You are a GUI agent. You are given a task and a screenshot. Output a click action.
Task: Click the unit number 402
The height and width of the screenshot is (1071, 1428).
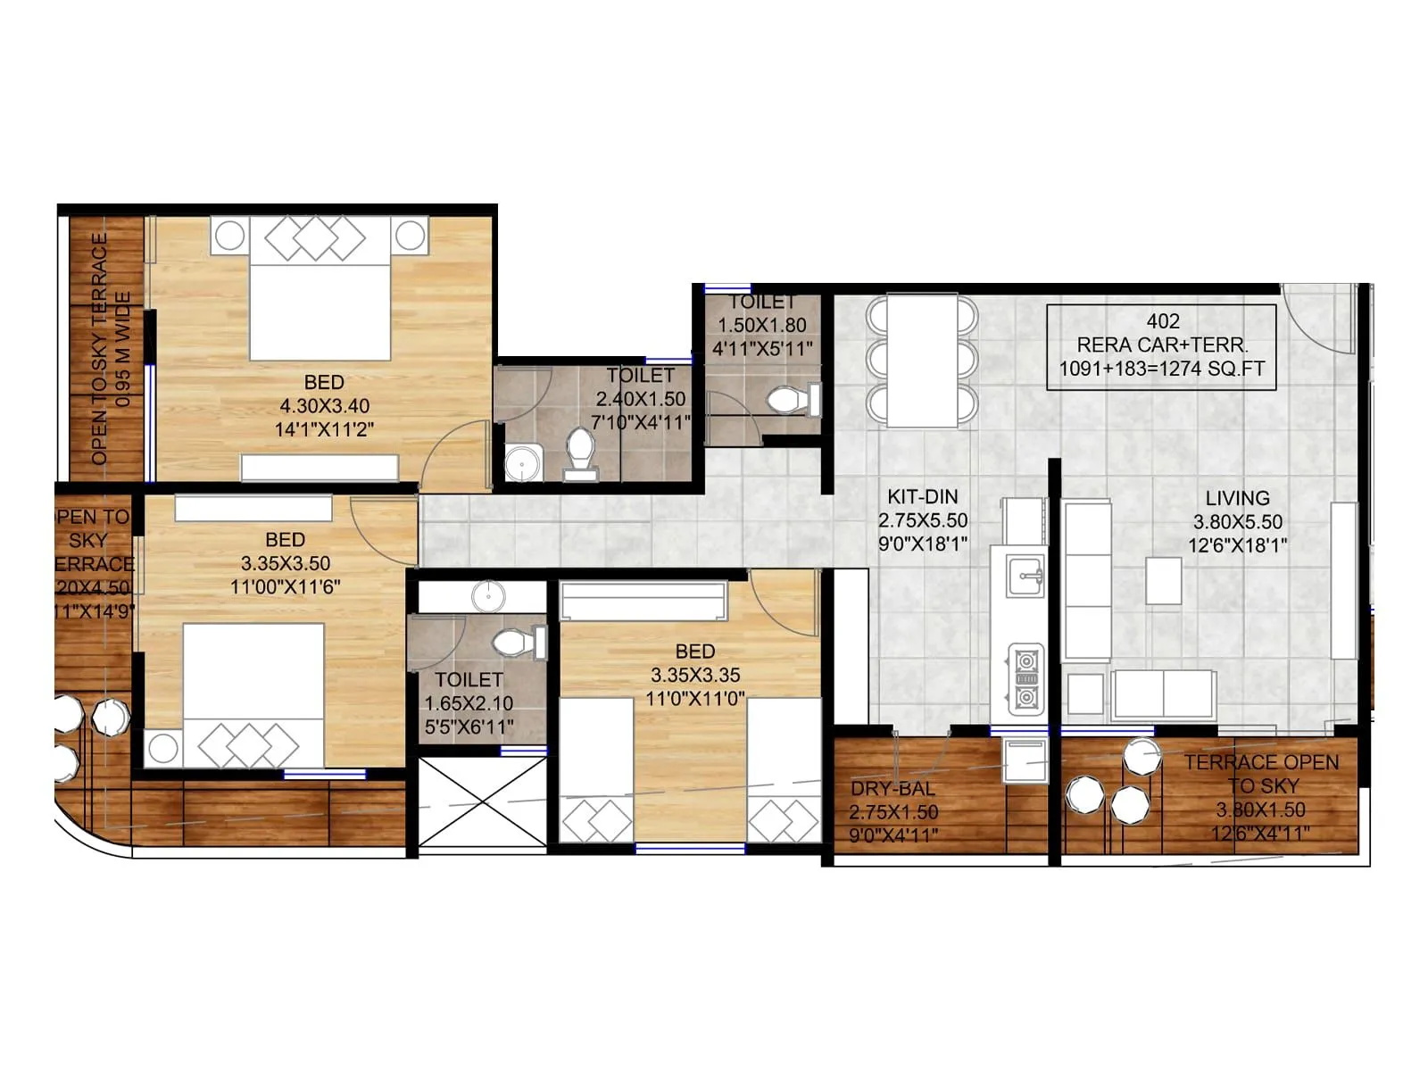[1162, 321]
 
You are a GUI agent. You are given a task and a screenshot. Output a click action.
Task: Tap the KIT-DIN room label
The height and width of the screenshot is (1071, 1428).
[922, 497]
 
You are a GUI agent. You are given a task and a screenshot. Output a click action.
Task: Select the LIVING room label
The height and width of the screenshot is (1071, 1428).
[1236, 498]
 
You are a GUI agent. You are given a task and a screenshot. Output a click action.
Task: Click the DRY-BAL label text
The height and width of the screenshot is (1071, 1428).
[892, 789]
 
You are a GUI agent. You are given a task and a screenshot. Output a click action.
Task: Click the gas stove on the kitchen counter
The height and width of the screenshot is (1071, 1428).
[1026, 678]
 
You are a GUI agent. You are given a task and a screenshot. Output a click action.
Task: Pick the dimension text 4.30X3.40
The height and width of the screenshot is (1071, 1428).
[324, 406]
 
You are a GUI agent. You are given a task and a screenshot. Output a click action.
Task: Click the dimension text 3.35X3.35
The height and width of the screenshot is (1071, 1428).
[694, 676]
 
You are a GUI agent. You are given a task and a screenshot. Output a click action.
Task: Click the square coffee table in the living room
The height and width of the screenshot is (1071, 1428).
[1163, 580]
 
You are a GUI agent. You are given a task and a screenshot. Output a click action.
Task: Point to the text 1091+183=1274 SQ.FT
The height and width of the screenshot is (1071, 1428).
[1161, 369]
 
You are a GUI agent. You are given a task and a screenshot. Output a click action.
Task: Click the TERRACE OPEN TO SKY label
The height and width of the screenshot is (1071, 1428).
[1260, 774]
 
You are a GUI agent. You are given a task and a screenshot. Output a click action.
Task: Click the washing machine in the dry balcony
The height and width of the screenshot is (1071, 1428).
[1025, 760]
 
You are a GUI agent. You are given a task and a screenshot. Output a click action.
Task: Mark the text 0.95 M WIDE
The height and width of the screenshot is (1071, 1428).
[124, 348]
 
